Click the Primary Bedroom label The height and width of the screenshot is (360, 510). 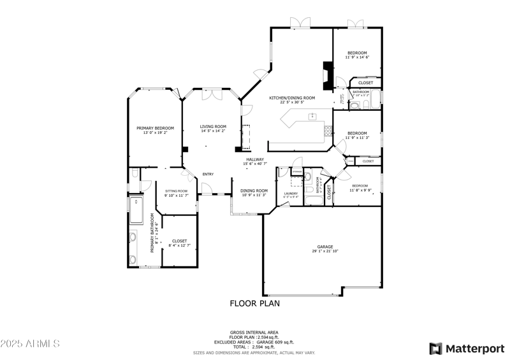[155, 128]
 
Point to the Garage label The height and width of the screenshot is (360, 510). [326, 247]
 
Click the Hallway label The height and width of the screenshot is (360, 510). [255, 160]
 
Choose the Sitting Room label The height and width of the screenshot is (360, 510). [177, 191]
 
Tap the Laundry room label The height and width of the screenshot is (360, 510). [291, 193]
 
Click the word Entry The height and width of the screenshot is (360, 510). [208, 175]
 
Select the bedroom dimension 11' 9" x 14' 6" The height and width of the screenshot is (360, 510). [357, 57]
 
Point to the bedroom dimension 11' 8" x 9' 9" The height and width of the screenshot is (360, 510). [360, 190]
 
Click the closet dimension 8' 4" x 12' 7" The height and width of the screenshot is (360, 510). [179, 245]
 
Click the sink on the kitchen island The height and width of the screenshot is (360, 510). [313, 116]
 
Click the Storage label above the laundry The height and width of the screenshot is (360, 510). [298, 171]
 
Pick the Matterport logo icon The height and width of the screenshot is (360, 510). [436, 349]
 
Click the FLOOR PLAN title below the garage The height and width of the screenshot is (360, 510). [254, 304]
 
